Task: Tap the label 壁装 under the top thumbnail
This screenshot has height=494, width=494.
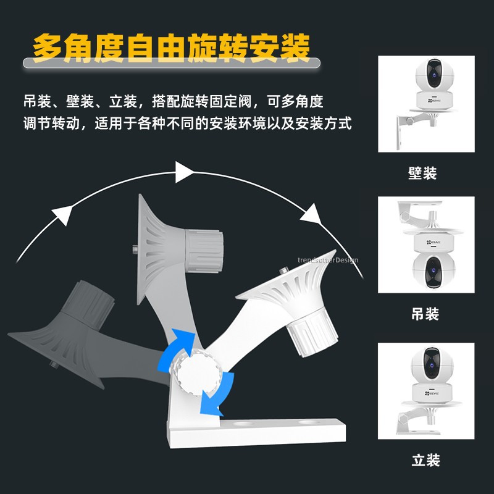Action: pos(423,174)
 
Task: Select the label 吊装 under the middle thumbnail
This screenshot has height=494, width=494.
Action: pos(425,314)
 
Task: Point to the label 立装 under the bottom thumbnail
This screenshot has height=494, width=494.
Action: pos(425,460)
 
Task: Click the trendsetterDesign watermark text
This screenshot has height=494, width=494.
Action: pos(328,260)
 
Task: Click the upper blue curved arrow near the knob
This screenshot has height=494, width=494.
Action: pos(178,345)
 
